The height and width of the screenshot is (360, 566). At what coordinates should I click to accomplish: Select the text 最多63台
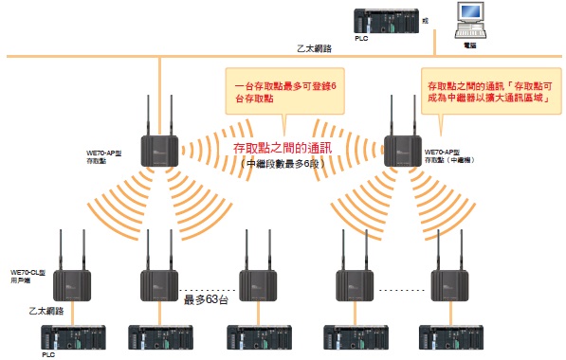(x=200, y=301)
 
